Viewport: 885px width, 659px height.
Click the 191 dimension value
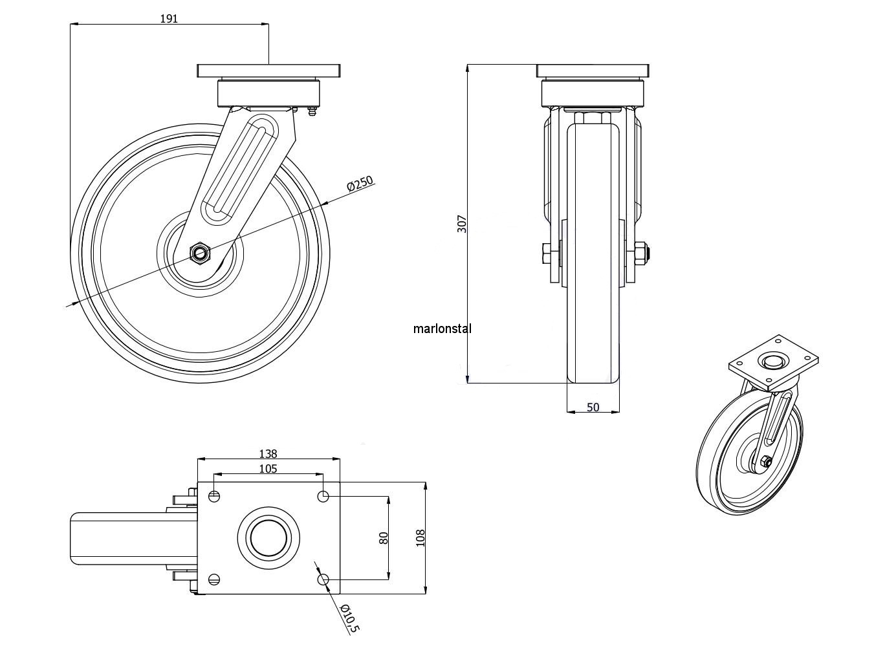(169, 19)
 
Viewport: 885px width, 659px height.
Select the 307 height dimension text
(461, 224)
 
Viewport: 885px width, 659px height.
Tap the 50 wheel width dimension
(593, 407)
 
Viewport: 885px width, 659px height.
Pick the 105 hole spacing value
(267, 468)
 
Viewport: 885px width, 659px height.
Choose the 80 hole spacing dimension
(383, 537)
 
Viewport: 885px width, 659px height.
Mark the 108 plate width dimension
(420, 537)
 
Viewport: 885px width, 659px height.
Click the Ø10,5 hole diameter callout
(349, 618)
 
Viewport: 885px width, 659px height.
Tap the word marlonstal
(442, 329)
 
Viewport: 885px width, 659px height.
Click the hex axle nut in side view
(200, 252)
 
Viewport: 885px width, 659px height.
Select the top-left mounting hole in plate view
(214, 496)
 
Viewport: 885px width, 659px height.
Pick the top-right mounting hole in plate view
(324, 496)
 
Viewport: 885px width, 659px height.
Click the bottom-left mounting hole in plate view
(214, 579)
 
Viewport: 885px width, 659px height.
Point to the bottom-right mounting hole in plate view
(324, 579)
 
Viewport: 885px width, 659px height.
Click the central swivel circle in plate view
(269, 537)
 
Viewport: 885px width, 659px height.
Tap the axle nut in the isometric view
(764, 461)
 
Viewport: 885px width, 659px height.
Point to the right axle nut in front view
(641, 253)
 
